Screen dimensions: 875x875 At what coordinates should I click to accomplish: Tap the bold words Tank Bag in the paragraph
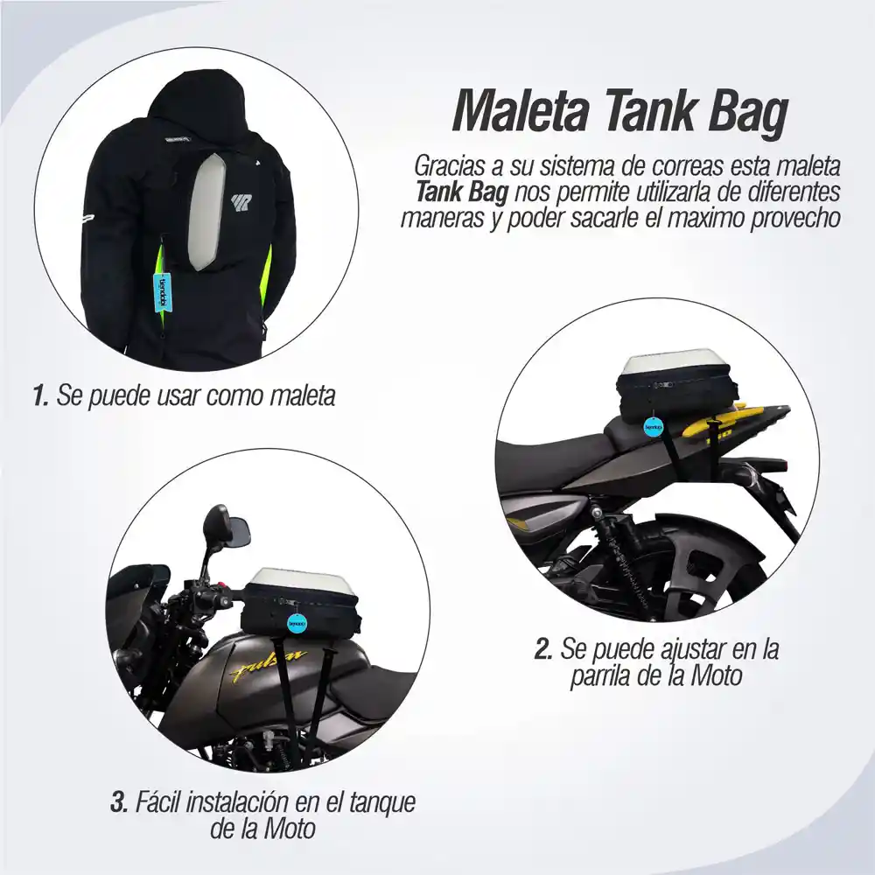[x=460, y=192]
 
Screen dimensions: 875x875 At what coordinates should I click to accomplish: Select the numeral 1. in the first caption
[x=39, y=396]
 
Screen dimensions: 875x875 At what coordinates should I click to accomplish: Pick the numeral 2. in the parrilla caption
[x=543, y=651]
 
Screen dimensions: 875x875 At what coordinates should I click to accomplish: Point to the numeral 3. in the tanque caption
[x=120, y=802]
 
